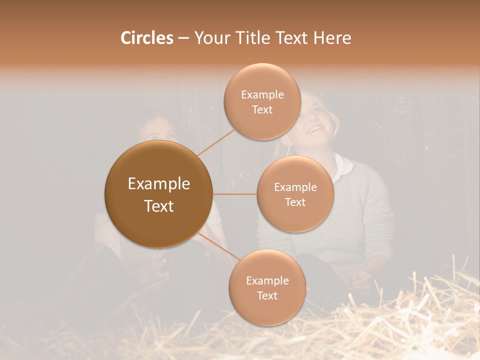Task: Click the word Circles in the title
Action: point(147,38)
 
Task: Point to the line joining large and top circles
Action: point(216,142)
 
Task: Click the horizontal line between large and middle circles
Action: point(234,194)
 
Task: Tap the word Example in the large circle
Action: point(159,184)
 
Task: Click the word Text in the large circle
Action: point(159,206)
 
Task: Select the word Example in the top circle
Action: point(262,94)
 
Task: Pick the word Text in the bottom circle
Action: point(267,295)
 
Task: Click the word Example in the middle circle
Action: point(295,187)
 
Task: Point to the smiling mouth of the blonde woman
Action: point(314,130)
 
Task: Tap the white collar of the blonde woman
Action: point(345,167)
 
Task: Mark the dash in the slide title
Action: point(183,38)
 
